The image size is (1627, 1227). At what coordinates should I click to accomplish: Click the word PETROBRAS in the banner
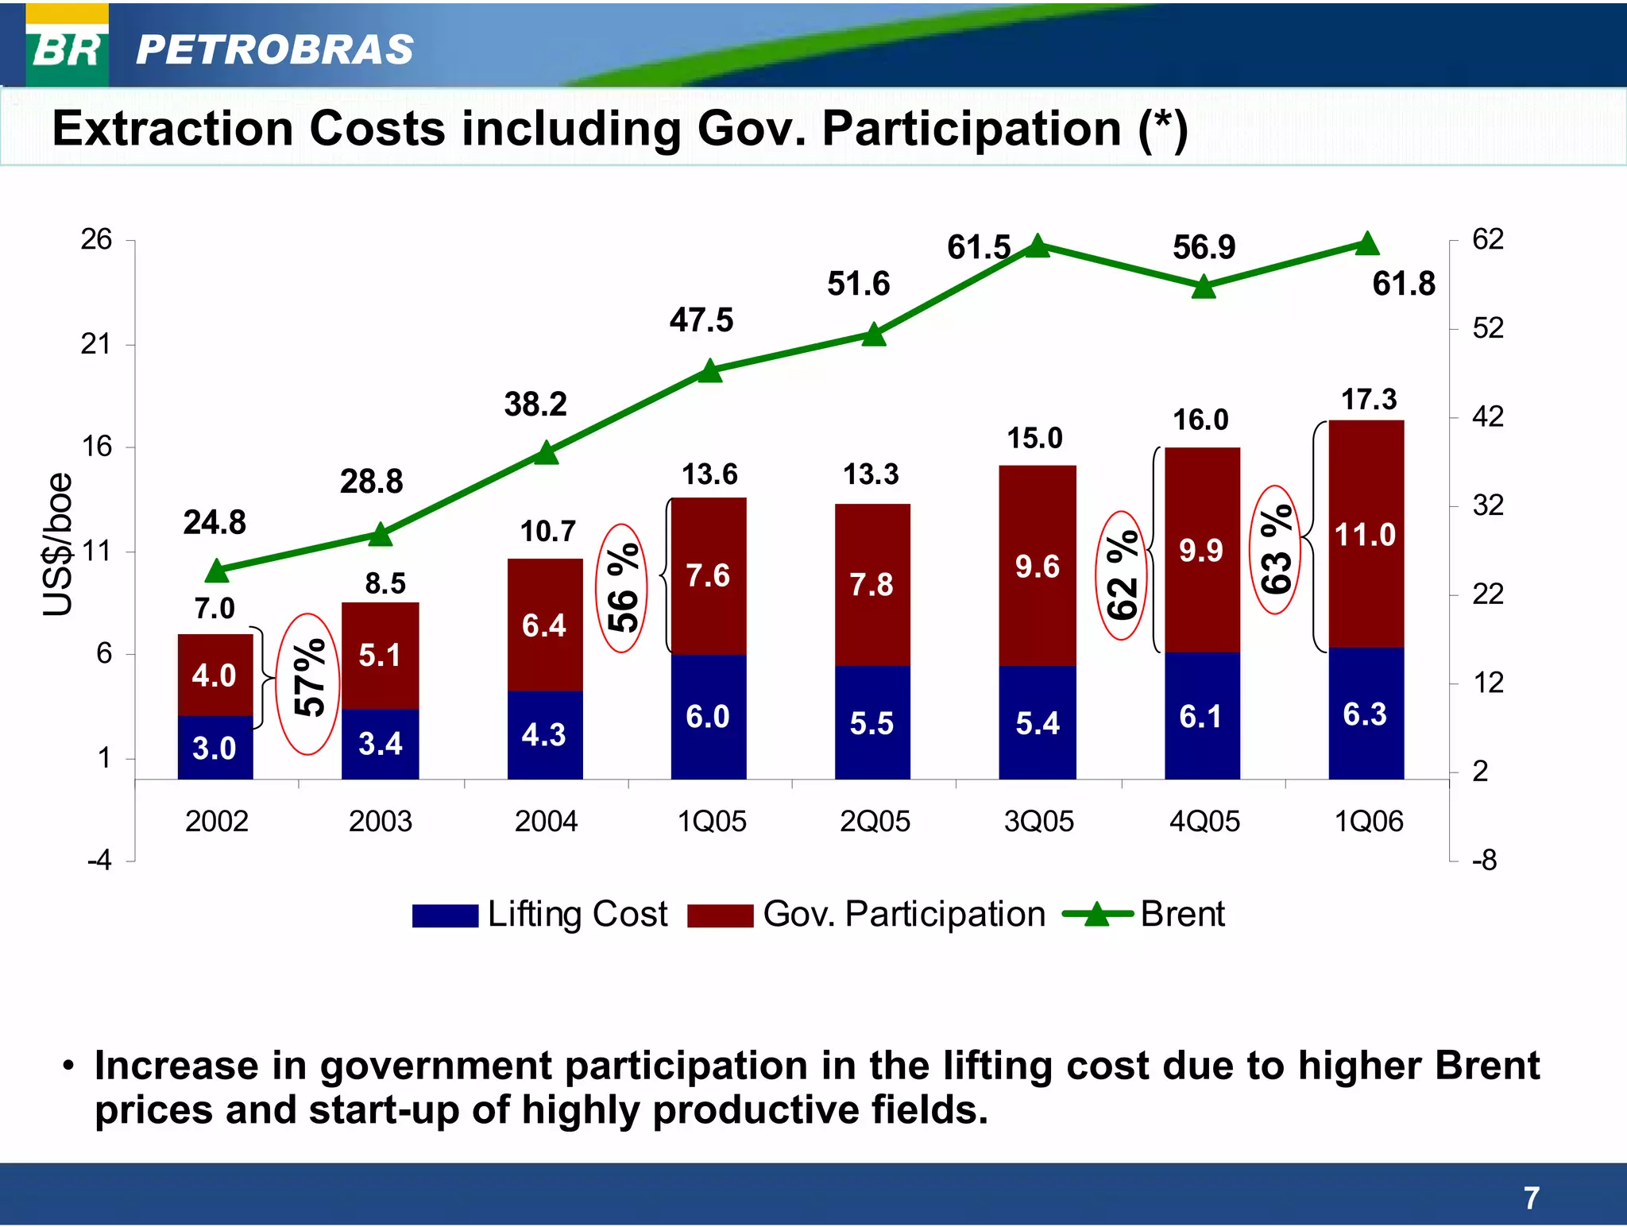(274, 50)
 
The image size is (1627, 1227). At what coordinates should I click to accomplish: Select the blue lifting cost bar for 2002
(215, 747)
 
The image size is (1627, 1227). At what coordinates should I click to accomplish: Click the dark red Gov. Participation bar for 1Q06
(1366, 533)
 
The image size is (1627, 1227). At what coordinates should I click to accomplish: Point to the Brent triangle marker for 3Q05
(1038, 246)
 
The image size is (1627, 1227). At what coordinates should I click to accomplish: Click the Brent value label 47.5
(701, 320)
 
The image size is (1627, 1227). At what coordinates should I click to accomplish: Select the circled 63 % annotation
(1275, 549)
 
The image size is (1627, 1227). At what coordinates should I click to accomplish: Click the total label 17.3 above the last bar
(1368, 399)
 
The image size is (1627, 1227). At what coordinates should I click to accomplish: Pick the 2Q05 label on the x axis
(875, 821)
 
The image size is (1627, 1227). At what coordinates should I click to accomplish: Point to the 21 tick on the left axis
(96, 344)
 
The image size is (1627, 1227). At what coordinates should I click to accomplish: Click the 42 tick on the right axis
(1487, 416)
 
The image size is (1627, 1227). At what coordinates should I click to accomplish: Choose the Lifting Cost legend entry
(540, 915)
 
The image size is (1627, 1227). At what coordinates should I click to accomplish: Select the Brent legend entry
(1144, 915)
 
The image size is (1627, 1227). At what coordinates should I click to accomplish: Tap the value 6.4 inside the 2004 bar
(544, 625)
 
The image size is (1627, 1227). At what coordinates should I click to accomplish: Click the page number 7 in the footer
(1532, 1197)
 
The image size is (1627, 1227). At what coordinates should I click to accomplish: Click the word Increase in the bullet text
(176, 1066)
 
